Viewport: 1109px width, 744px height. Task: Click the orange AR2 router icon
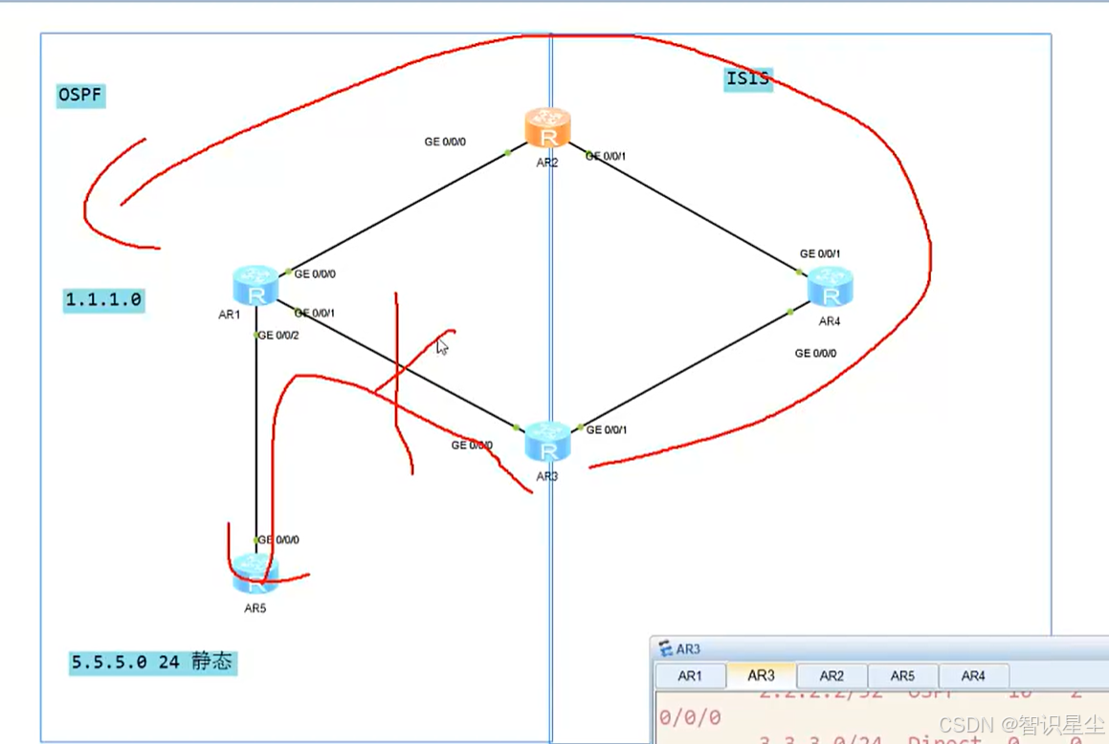point(547,128)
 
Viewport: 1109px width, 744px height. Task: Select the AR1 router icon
point(255,286)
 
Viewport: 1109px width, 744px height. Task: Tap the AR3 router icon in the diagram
point(547,441)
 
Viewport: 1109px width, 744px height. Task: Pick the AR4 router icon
point(830,287)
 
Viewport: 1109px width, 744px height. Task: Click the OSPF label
point(80,96)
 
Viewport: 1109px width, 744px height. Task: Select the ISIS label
point(747,78)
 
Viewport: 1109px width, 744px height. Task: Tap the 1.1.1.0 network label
point(103,300)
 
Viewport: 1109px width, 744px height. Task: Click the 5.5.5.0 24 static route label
point(152,662)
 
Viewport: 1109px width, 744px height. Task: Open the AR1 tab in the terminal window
point(690,676)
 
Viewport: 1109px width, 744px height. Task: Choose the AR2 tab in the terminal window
point(832,676)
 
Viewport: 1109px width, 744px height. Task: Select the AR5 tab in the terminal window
point(902,676)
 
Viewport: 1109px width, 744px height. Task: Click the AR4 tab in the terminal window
point(973,676)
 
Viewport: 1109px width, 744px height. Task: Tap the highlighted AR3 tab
point(761,675)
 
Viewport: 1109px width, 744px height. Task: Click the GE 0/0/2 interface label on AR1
point(278,336)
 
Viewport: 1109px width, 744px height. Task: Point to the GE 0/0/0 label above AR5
point(278,540)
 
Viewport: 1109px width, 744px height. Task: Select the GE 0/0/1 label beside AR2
point(607,156)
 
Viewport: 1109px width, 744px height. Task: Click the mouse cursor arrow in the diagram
point(441,346)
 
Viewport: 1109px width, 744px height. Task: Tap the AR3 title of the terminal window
point(688,649)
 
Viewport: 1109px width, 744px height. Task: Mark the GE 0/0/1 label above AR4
point(820,254)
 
